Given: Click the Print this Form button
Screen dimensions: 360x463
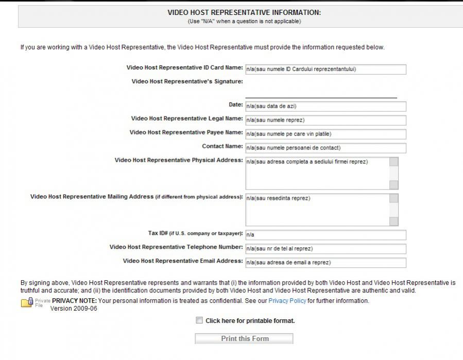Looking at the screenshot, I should pos(244,338).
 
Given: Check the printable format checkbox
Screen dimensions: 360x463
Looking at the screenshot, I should pos(199,320).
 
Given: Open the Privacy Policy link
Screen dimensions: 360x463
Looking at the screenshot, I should pos(287,301).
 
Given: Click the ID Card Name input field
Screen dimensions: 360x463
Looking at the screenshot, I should pos(325,70).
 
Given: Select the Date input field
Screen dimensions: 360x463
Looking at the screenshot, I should pos(325,107).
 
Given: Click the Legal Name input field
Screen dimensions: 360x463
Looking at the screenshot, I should pos(325,121).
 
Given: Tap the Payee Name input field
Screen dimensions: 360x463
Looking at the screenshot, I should pos(325,134).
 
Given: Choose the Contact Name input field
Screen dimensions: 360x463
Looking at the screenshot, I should pos(325,148).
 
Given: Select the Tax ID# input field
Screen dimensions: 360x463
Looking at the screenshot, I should pos(325,235).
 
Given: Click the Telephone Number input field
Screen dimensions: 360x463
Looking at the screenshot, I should pos(325,249).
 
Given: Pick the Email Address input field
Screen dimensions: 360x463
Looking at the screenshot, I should pos(325,263).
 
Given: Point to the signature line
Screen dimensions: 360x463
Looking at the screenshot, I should pos(321,96).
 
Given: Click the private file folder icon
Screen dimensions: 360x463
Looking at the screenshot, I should pos(27,302).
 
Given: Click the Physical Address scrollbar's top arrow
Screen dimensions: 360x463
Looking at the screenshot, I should pos(394,162).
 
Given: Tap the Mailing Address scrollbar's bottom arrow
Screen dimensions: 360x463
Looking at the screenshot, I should pos(394,221).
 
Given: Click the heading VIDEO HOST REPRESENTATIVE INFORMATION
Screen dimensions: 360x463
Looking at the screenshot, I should pos(244,13).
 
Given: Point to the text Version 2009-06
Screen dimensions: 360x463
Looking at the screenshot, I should pos(74,309).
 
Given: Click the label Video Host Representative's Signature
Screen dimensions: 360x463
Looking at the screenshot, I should pos(187,81).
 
